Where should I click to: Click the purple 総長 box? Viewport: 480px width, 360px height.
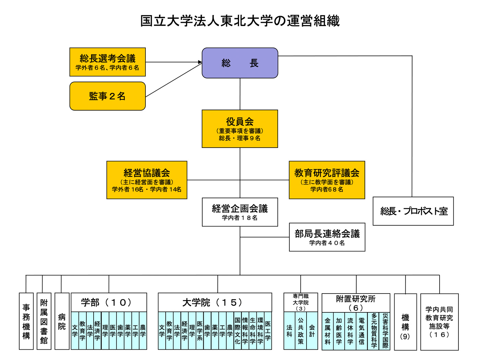pos(240,63)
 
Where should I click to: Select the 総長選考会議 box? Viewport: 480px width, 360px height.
pos(108,62)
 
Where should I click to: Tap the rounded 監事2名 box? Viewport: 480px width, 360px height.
pos(108,96)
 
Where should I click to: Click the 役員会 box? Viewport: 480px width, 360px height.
pos(240,129)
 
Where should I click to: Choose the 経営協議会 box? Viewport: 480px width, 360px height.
pos(147,180)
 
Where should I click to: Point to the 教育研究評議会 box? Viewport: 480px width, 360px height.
pos(327,180)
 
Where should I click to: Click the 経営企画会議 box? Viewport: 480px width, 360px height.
pos(240,212)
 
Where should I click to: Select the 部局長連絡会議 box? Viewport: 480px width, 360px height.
pos(327,237)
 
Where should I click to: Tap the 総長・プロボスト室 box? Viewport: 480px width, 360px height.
pos(413,211)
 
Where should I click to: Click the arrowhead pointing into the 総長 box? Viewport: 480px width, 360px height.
pos(200,62)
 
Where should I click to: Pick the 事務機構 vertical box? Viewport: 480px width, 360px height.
pos(26,321)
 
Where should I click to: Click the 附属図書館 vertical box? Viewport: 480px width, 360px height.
pos(44,321)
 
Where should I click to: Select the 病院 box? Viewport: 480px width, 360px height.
pos(62,321)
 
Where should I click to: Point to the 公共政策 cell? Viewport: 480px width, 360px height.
pos(301,331)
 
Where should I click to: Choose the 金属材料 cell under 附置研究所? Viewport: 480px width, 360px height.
pos(327,331)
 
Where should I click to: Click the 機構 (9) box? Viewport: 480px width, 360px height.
pos(406,322)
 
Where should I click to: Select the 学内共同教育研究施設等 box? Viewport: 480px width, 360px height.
pos(440,322)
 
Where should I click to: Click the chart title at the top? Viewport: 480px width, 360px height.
pos(240,21)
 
